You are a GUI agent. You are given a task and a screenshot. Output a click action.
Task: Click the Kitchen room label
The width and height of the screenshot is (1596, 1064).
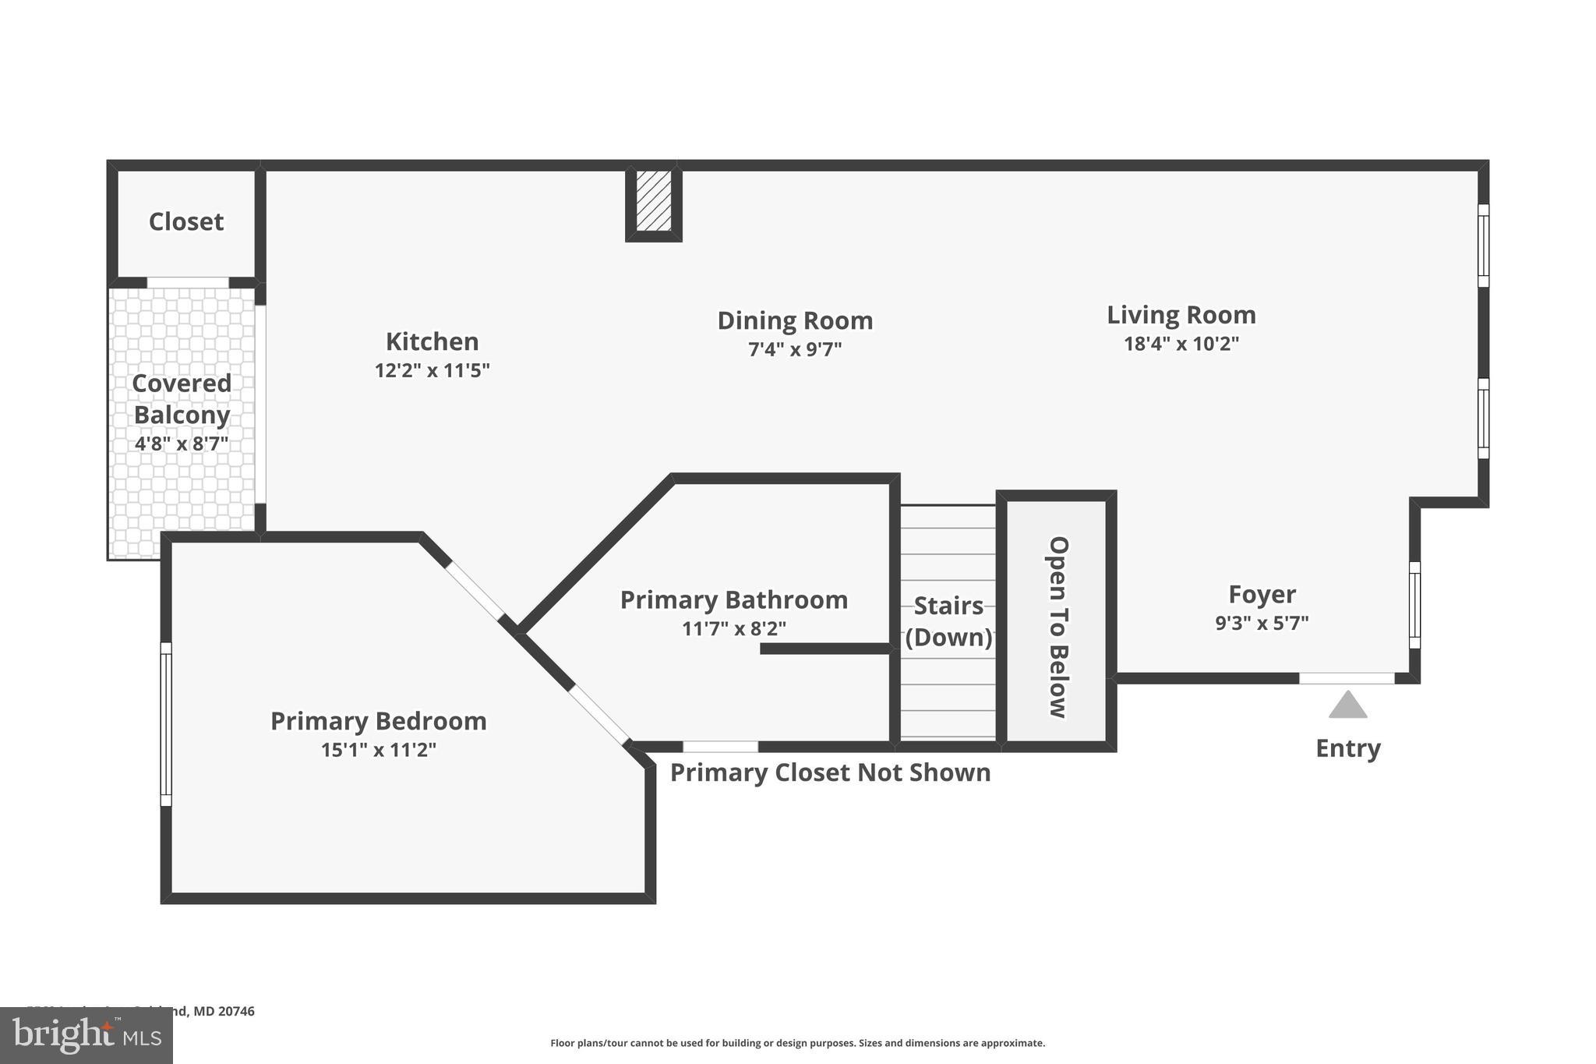click(432, 341)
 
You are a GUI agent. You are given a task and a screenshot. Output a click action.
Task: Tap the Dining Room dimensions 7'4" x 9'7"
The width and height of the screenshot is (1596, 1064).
click(795, 349)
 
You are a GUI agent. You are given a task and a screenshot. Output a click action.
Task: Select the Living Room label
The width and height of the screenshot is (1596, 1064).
click(1181, 315)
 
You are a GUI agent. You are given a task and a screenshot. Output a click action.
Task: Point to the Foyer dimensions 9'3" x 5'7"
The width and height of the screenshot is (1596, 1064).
click(1262, 623)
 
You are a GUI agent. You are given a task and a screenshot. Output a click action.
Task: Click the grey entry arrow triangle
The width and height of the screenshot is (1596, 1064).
click(1347, 705)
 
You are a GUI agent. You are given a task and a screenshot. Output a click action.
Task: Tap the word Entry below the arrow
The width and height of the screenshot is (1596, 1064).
click(1347, 748)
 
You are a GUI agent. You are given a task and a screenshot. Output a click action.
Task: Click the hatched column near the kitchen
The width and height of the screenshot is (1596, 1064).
click(653, 201)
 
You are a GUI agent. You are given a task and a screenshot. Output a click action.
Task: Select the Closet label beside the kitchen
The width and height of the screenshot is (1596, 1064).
click(186, 221)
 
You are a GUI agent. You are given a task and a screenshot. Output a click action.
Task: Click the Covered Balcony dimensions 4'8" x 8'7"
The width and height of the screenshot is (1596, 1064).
click(182, 444)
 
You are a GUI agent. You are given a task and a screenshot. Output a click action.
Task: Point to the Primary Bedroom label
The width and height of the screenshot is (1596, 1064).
click(378, 721)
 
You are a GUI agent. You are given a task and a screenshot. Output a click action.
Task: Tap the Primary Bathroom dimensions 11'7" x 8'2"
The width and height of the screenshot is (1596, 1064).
click(733, 628)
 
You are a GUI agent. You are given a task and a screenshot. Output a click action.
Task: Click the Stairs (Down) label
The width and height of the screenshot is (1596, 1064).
click(948, 621)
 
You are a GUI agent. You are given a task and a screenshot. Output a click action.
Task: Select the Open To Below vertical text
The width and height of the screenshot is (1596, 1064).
click(1058, 627)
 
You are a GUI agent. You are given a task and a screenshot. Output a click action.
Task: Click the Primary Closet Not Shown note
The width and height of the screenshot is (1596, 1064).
click(830, 772)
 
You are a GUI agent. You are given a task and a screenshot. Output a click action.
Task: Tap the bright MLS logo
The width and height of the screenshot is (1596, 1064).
click(86, 1035)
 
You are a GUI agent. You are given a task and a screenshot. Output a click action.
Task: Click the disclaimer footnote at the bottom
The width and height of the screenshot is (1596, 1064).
click(797, 1043)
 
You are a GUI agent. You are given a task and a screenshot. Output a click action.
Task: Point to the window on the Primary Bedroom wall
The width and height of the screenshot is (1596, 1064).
click(166, 724)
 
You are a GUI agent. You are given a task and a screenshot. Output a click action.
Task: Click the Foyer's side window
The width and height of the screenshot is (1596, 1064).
click(1414, 605)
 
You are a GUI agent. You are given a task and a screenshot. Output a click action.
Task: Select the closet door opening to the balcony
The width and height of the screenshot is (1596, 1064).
click(188, 283)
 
